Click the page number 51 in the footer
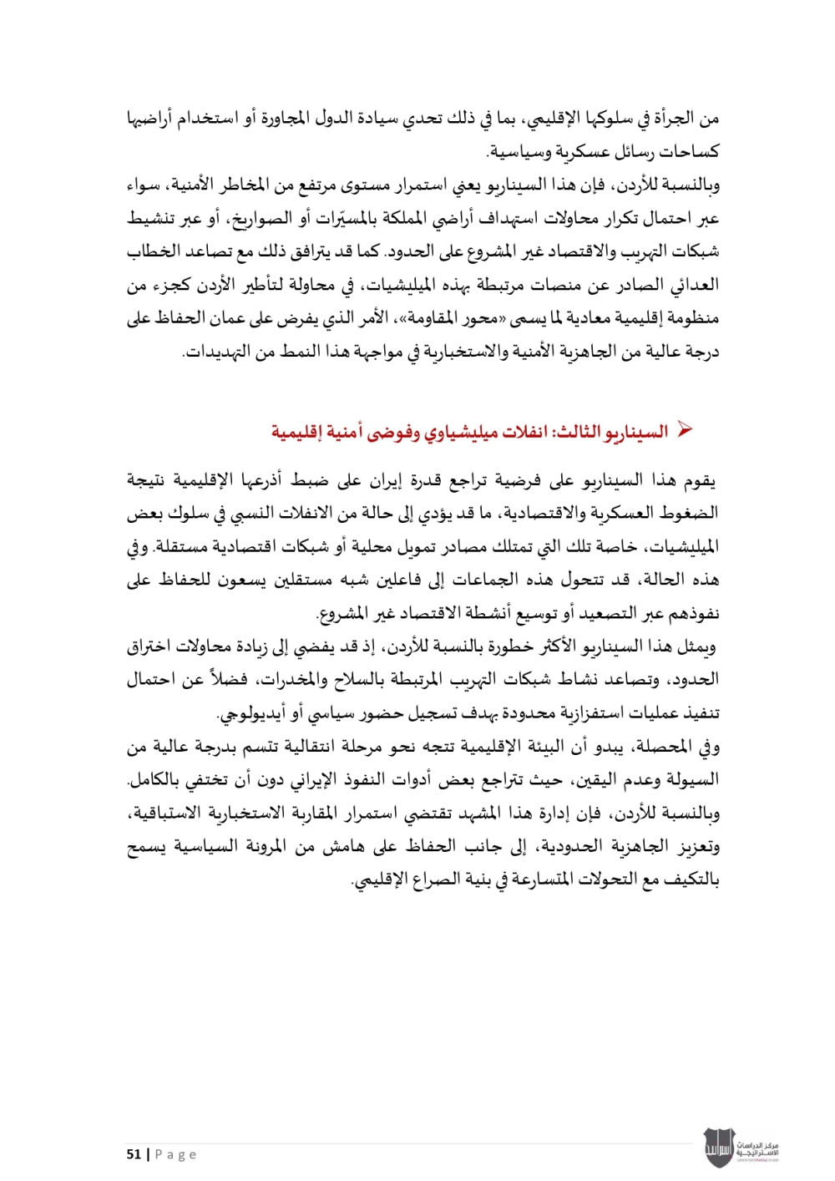(x=134, y=1154)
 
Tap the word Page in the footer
(x=175, y=1154)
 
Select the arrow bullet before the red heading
(x=685, y=430)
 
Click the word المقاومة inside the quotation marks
(x=458, y=318)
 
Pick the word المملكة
(x=427, y=219)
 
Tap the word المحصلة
(x=671, y=747)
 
